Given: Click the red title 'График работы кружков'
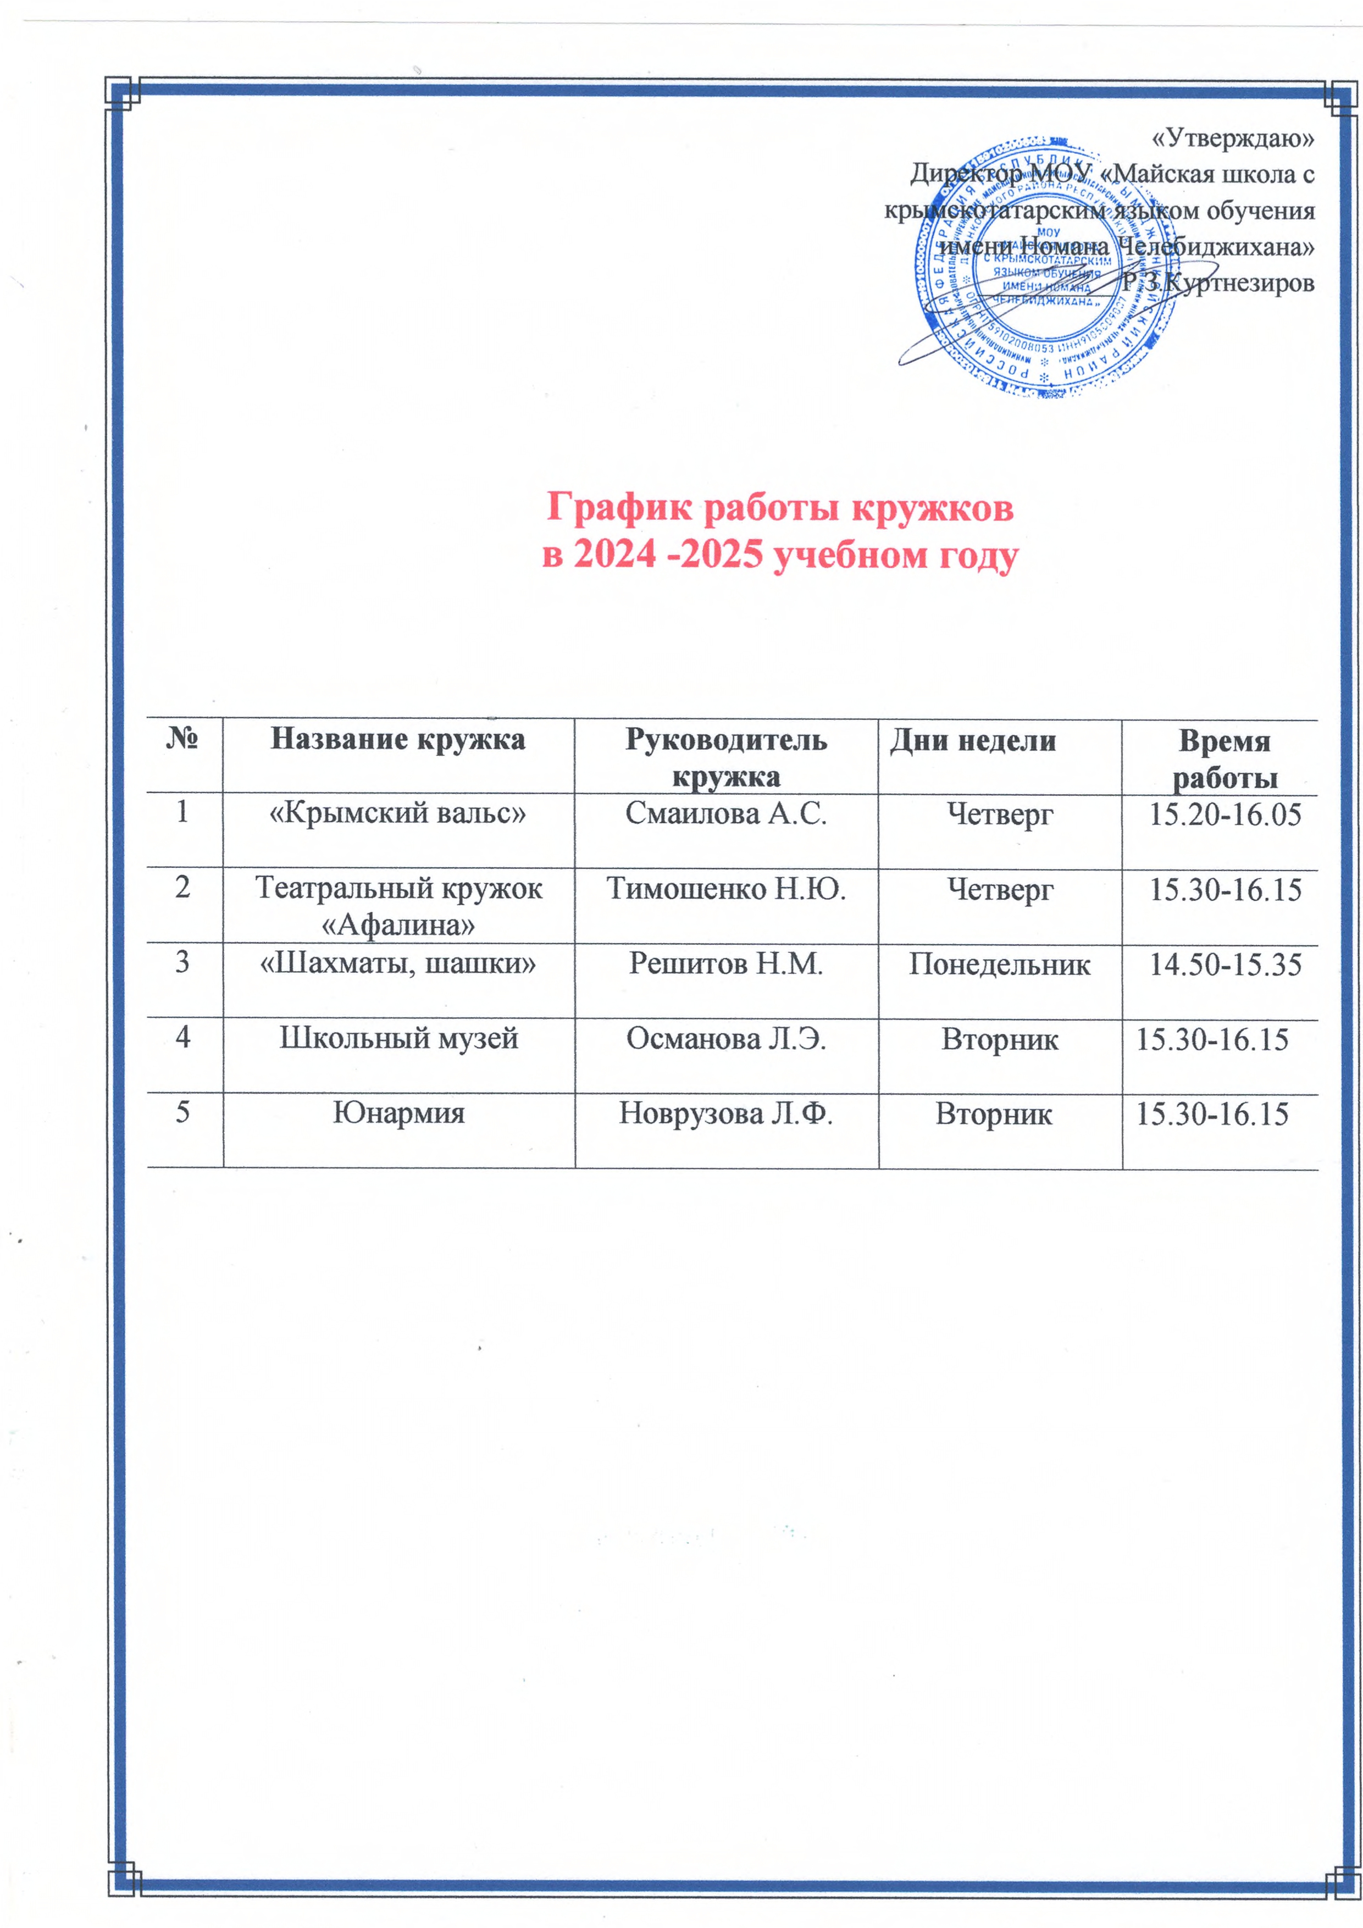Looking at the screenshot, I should (780, 507).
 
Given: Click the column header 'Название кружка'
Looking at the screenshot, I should (398, 739).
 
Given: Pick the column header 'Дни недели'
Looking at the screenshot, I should (972, 740).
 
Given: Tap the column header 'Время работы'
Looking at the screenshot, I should (1225, 758).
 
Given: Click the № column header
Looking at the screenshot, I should (182, 739).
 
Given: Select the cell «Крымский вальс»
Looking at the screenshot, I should (397, 813).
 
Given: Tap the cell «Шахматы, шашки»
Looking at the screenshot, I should (398, 963).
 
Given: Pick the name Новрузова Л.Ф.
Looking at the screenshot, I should (725, 1113).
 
